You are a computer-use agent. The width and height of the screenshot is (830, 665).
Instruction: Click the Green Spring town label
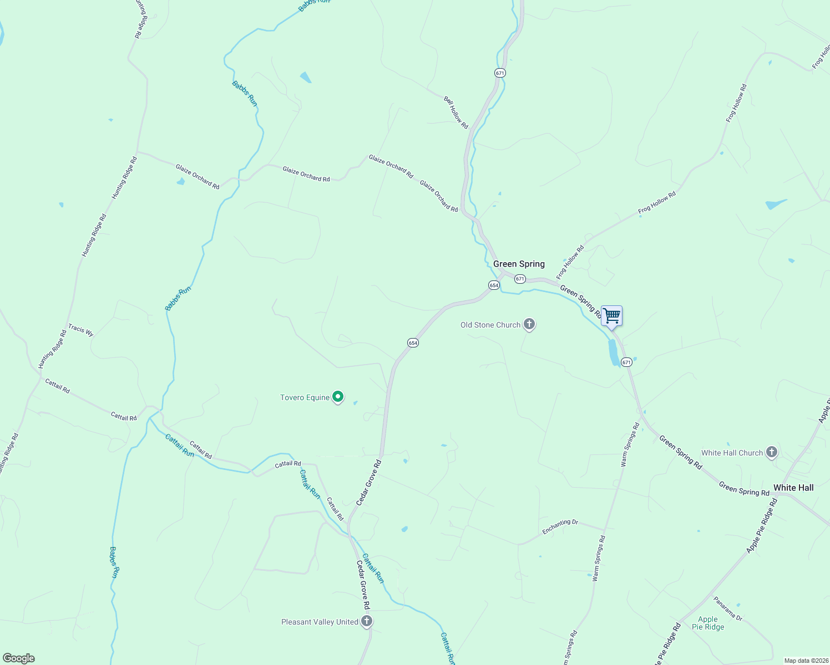pyautogui.click(x=519, y=264)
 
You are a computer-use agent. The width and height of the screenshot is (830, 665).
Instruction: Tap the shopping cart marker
pyautogui.click(x=611, y=316)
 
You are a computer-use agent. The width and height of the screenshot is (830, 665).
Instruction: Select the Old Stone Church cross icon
pyautogui.click(x=529, y=324)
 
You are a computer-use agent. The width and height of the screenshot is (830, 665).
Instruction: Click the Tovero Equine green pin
pyautogui.click(x=338, y=397)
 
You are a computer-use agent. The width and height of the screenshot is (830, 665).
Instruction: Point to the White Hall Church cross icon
pyautogui.click(x=771, y=452)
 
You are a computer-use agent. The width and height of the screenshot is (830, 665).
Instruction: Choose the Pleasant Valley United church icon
pyautogui.click(x=366, y=621)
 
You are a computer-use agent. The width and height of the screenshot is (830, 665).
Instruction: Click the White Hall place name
pyautogui.click(x=793, y=488)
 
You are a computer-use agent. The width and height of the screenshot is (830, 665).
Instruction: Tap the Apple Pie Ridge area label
pyautogui.click(x=708, y=623)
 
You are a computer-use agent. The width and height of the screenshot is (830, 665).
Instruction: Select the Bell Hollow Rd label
pyautogui.click(x=456, y=112)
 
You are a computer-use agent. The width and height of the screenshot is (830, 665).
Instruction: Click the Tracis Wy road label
pyautogui.click(x=81, y=330)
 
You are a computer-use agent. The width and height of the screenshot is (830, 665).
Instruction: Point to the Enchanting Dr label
pyautogui.click(x=560, y=526)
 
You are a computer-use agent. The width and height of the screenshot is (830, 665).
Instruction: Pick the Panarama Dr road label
pyautogui.click(x=727, y=608)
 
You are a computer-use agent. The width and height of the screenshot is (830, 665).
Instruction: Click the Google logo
pyautogui.click(x=19, y=658)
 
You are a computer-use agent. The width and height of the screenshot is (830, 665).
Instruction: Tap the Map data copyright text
pyautogui.click(x=806, y=661)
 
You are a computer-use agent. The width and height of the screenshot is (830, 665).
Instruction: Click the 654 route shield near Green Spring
pyautogui.click(x=494, y=285)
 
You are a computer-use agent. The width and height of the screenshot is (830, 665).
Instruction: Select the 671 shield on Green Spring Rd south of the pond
pyautogui.click(x=626, y=362)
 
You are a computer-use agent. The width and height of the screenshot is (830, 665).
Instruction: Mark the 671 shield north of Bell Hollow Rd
pyautogui.click(x=500, y=73)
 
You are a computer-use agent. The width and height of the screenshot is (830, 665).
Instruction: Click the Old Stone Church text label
pyautogui.click(x=490, y=325)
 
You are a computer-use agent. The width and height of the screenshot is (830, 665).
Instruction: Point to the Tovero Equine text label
pyautogui.click(x=305, y=397)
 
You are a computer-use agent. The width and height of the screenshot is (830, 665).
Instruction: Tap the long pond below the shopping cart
pyautogui.click(x=614, y=352)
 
